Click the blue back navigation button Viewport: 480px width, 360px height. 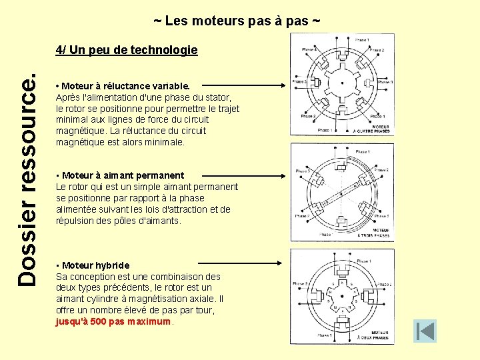tap(425, 331)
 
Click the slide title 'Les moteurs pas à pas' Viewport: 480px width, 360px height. tap(237, 21)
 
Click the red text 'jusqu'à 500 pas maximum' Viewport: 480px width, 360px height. tap(113, 322)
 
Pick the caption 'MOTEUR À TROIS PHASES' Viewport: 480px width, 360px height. tap(381, 233)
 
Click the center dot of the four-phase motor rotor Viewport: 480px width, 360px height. tap(342, 85)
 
